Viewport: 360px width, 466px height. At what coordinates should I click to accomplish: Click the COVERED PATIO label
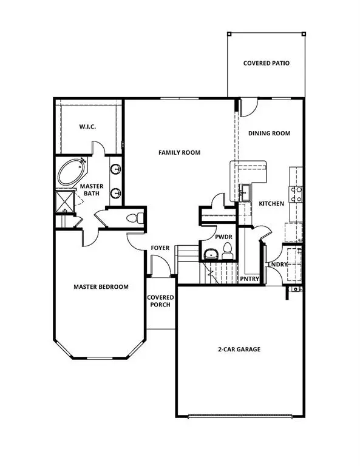(267, 63)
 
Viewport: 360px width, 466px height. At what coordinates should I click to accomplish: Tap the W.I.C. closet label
(87, 127)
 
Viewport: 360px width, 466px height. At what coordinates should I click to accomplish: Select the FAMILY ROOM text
(179, 152)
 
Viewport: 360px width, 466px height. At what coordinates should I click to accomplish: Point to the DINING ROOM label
(270, 133)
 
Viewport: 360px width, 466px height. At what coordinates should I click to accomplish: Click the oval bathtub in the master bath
(72, 172)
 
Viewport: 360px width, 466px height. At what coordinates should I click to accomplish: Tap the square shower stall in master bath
(65, 201)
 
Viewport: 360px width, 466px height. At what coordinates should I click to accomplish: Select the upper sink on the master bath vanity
(115, 169)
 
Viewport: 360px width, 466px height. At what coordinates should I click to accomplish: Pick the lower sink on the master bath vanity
(115, 194)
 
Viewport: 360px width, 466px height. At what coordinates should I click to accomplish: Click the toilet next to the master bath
(135, 218)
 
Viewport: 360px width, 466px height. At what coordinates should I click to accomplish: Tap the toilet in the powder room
(228, 251)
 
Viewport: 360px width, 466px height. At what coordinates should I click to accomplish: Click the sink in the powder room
(211, 254)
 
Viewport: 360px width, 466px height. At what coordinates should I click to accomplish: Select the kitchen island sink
(245, 192)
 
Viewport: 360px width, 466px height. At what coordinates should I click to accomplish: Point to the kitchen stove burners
(296, 194)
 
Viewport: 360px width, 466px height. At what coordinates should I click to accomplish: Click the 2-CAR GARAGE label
(239, 349)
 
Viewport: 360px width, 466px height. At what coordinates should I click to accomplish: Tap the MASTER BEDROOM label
(101, 287)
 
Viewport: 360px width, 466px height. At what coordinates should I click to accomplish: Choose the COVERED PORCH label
(160, 301)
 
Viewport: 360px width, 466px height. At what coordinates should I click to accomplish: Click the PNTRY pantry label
(250, 279)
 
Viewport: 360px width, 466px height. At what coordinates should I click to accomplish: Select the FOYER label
(160, 248)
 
